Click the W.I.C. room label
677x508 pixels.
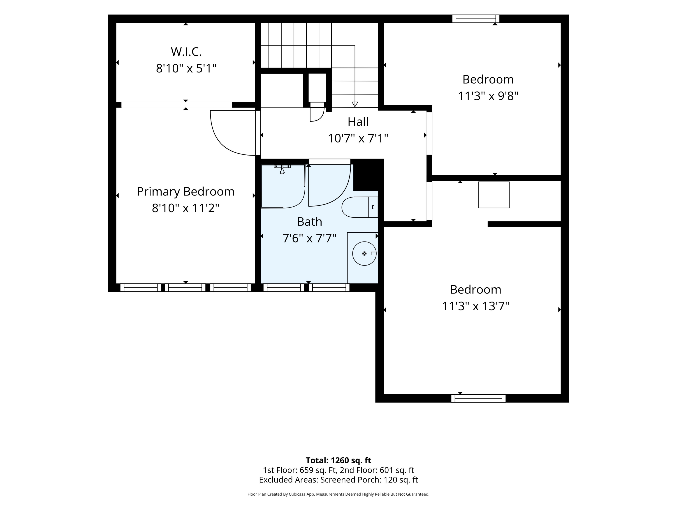click(186, 52)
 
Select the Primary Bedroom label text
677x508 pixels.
click(185, 192)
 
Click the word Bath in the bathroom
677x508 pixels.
click(309, 222)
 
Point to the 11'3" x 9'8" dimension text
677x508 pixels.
click(488, 96)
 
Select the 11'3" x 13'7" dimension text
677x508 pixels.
click(475, 306)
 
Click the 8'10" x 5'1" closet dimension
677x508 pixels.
click(186, 68)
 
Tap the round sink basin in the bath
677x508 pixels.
click(364, 254)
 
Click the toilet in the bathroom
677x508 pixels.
click(360, 207)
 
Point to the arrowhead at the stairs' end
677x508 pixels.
click(355, 104)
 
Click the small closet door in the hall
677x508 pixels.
click(317, 112)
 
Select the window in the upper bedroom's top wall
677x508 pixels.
click(476, 19)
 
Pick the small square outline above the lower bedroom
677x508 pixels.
click(494, 195)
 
